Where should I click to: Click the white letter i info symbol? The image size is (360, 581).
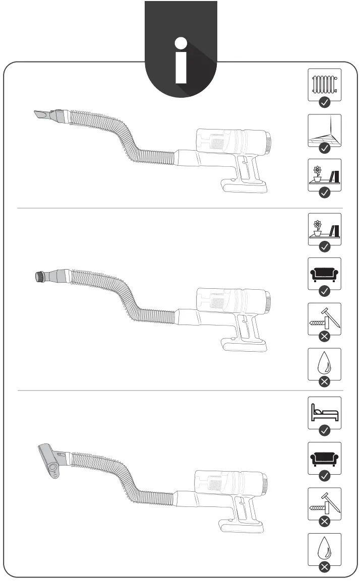[181, 60]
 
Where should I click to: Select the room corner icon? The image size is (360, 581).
[325, 129]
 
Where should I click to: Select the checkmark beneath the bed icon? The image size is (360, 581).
[325, 430]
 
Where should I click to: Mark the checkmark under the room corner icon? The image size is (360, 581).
[325, 148]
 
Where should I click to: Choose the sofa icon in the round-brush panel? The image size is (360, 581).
[325, 273]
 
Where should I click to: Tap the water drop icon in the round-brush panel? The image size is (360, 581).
[325, 363]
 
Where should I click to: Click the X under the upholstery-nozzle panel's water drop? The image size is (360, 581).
[325, 567]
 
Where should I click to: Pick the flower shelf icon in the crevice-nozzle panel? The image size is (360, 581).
[325, 174]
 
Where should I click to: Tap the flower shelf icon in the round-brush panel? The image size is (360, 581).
[325, 228]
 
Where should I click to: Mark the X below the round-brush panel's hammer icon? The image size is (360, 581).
[325, 336]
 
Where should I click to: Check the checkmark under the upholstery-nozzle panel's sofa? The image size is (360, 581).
[325, 475]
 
